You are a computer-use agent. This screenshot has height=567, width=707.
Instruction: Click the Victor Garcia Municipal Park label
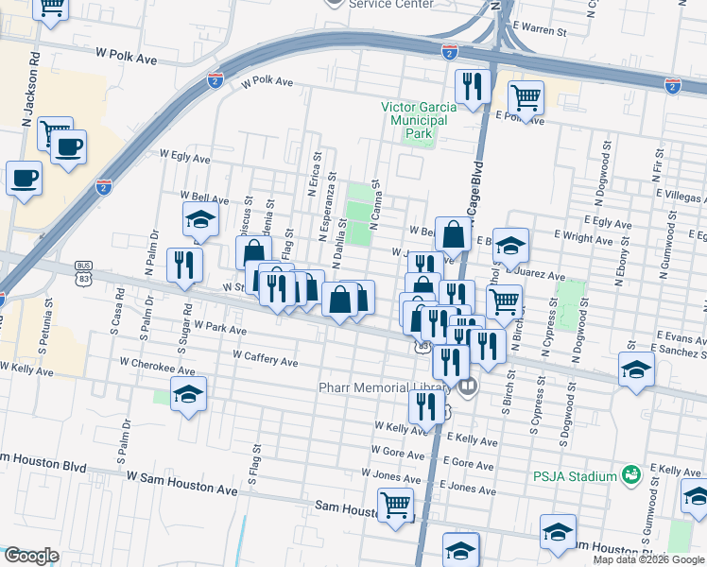[x=419, y=120]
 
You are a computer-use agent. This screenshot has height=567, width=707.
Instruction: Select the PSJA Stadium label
[x=573, y=475]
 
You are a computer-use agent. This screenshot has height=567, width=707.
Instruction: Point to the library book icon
[x=467, y=386]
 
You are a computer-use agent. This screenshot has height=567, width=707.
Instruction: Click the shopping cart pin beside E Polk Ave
[x=526, y=95]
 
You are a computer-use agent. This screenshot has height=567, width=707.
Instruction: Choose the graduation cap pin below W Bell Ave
[x=200, y=219]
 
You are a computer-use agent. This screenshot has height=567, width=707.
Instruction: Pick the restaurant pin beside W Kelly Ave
[x=426, y=405]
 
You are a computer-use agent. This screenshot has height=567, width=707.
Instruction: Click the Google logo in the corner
[x=31, y=555]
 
